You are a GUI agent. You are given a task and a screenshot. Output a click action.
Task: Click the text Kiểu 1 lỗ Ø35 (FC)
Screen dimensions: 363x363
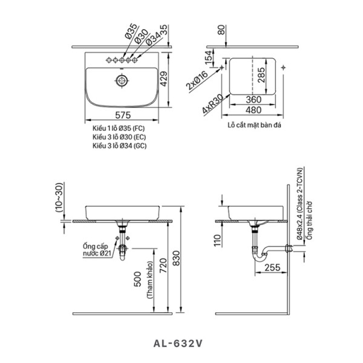pos(118,128)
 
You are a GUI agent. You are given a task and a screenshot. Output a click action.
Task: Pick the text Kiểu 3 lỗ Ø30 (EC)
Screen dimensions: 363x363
pos(118,137)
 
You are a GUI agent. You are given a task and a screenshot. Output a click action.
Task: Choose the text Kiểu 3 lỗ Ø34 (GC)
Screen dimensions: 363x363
pos(118,146)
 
